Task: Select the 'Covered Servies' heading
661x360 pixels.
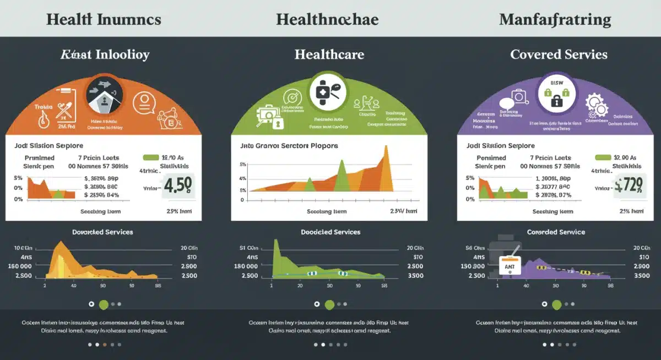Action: click(x=559, y=54)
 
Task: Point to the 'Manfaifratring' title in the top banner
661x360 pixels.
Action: click(x=555, y=20)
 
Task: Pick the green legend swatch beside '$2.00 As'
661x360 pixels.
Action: click(x=603, y=158)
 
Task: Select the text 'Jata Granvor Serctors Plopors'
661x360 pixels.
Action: click(x=289, y=146)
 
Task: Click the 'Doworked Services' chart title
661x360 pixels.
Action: click(x=102, y=232)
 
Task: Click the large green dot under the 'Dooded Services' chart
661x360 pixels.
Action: click(x=329, y=304)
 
